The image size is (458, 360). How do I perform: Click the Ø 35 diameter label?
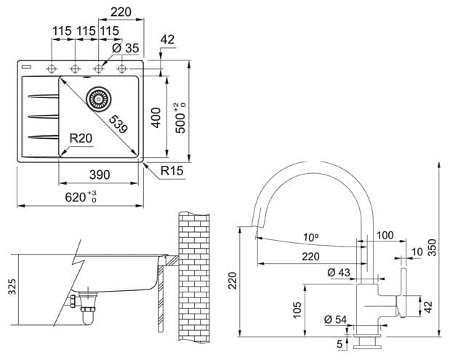[x=126, y=48]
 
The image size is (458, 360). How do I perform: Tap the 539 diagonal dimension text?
[x=118, y=124]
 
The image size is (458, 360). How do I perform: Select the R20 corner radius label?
[x=81, y=138]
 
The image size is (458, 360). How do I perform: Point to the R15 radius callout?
[x=172, y=171]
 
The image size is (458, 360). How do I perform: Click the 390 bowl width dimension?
[x=100, y=175]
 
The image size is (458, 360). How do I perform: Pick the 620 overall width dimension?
[x=81, y=197]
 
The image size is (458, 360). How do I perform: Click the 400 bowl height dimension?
[x=156, y=118]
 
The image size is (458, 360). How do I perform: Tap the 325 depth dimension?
[x=12, y=287]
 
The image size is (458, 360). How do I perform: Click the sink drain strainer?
[x=99, y=99]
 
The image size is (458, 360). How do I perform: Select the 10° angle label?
[x=310, y=237]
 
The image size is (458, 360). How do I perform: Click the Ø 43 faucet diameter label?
[x=339, y=272]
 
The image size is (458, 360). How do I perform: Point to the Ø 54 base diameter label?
[x=335, y=319]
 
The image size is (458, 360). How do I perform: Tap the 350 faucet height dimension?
[x=432, y=247]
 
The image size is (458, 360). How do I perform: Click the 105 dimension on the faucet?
[x=297, y=310]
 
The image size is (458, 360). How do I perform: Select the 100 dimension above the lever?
[x=385, y=235]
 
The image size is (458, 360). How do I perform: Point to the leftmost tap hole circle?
[x=52, y=69]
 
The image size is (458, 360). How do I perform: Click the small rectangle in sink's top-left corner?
[x=26, y=67]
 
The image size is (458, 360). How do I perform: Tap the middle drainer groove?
[x=43, y=116]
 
